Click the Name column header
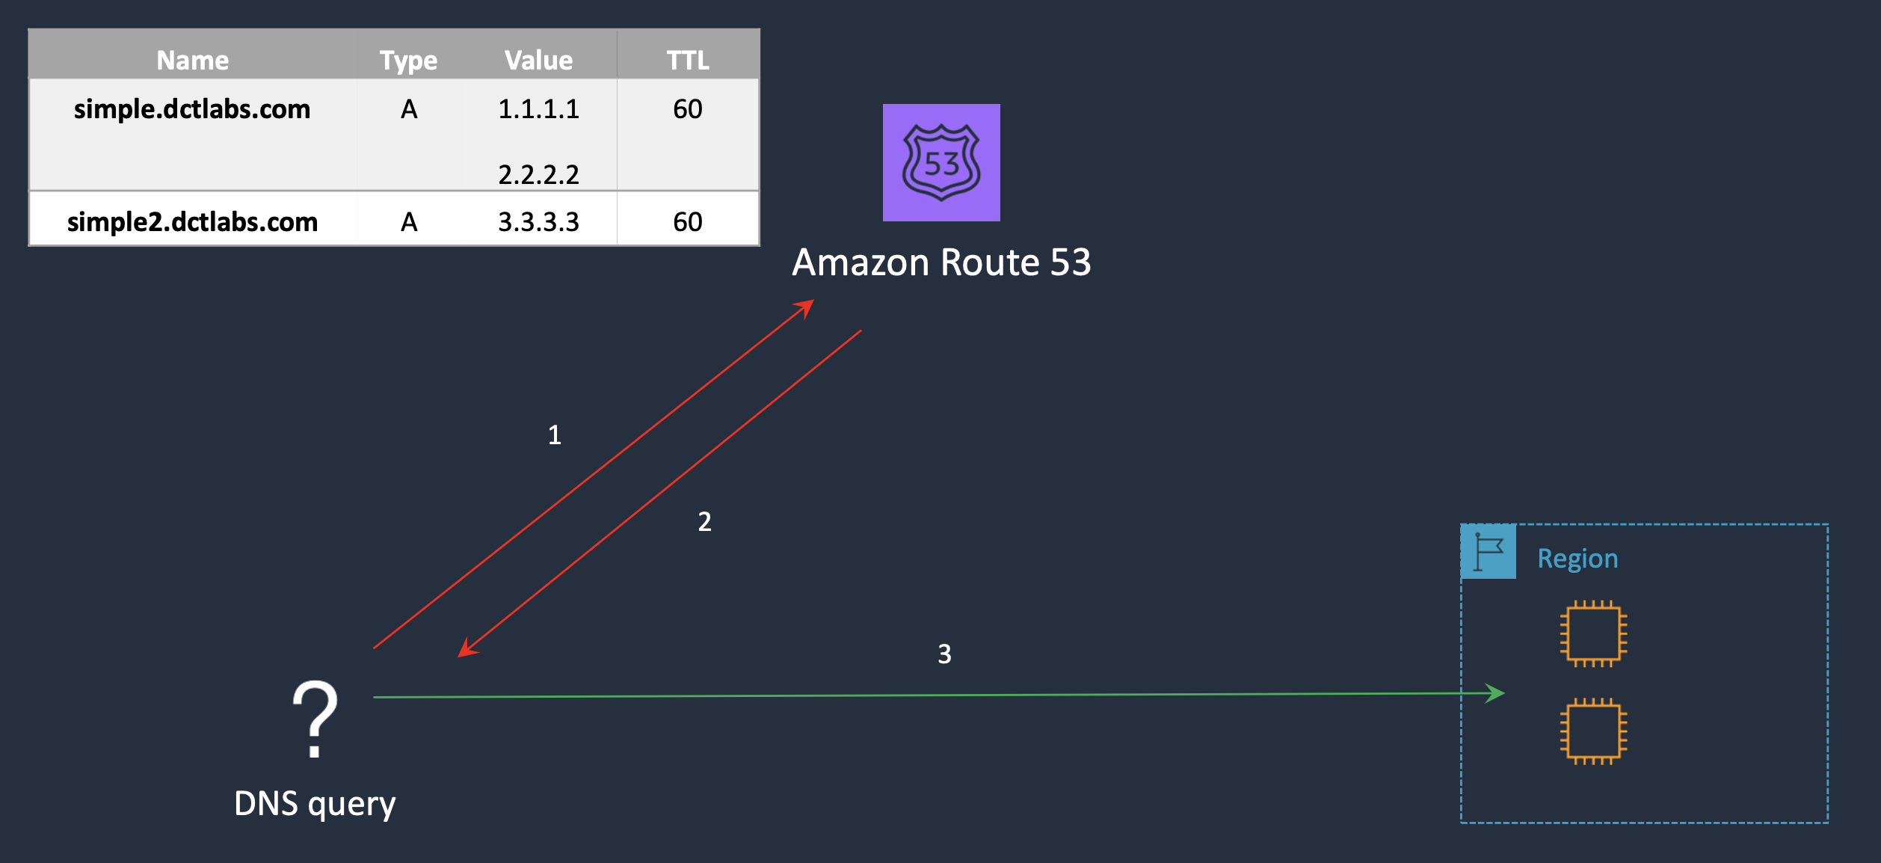click(x=192, y=60)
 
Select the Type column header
click(x=408, y=60)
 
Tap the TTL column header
click(x=688, y=60)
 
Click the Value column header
click(x=538, y=60)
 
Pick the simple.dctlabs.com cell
click(x=192, y=109)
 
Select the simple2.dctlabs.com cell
click(x=192, y=222)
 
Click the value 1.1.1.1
click(x=538, y=109)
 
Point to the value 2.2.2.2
click(x=538, y=174)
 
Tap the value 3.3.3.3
click(x=538, y=222)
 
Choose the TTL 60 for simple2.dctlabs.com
click(x=688, y=222)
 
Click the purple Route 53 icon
click(x=941, y=162)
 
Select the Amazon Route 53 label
click(x=941, y=262)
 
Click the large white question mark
click(x=315, y=719)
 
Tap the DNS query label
click(x=315, y=804)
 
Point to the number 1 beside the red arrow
click(x=555, y=435)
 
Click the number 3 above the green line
click(x=945, y=654)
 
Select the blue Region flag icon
click(x=1489, y=552)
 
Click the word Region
click(x=1577, y=559)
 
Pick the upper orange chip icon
click(x=1593, y=633)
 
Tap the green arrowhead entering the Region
click(x=1494, y=693)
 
